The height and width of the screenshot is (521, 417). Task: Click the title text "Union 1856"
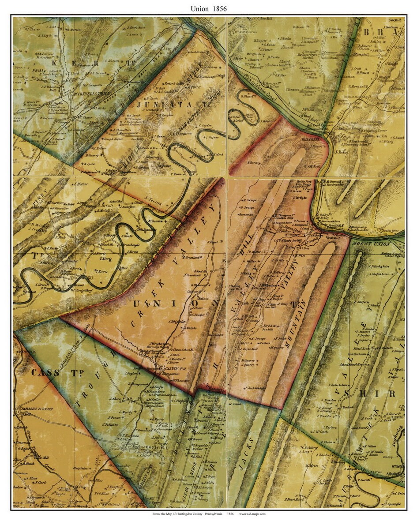point(209,8)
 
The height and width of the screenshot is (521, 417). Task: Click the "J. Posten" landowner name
point(114,417)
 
